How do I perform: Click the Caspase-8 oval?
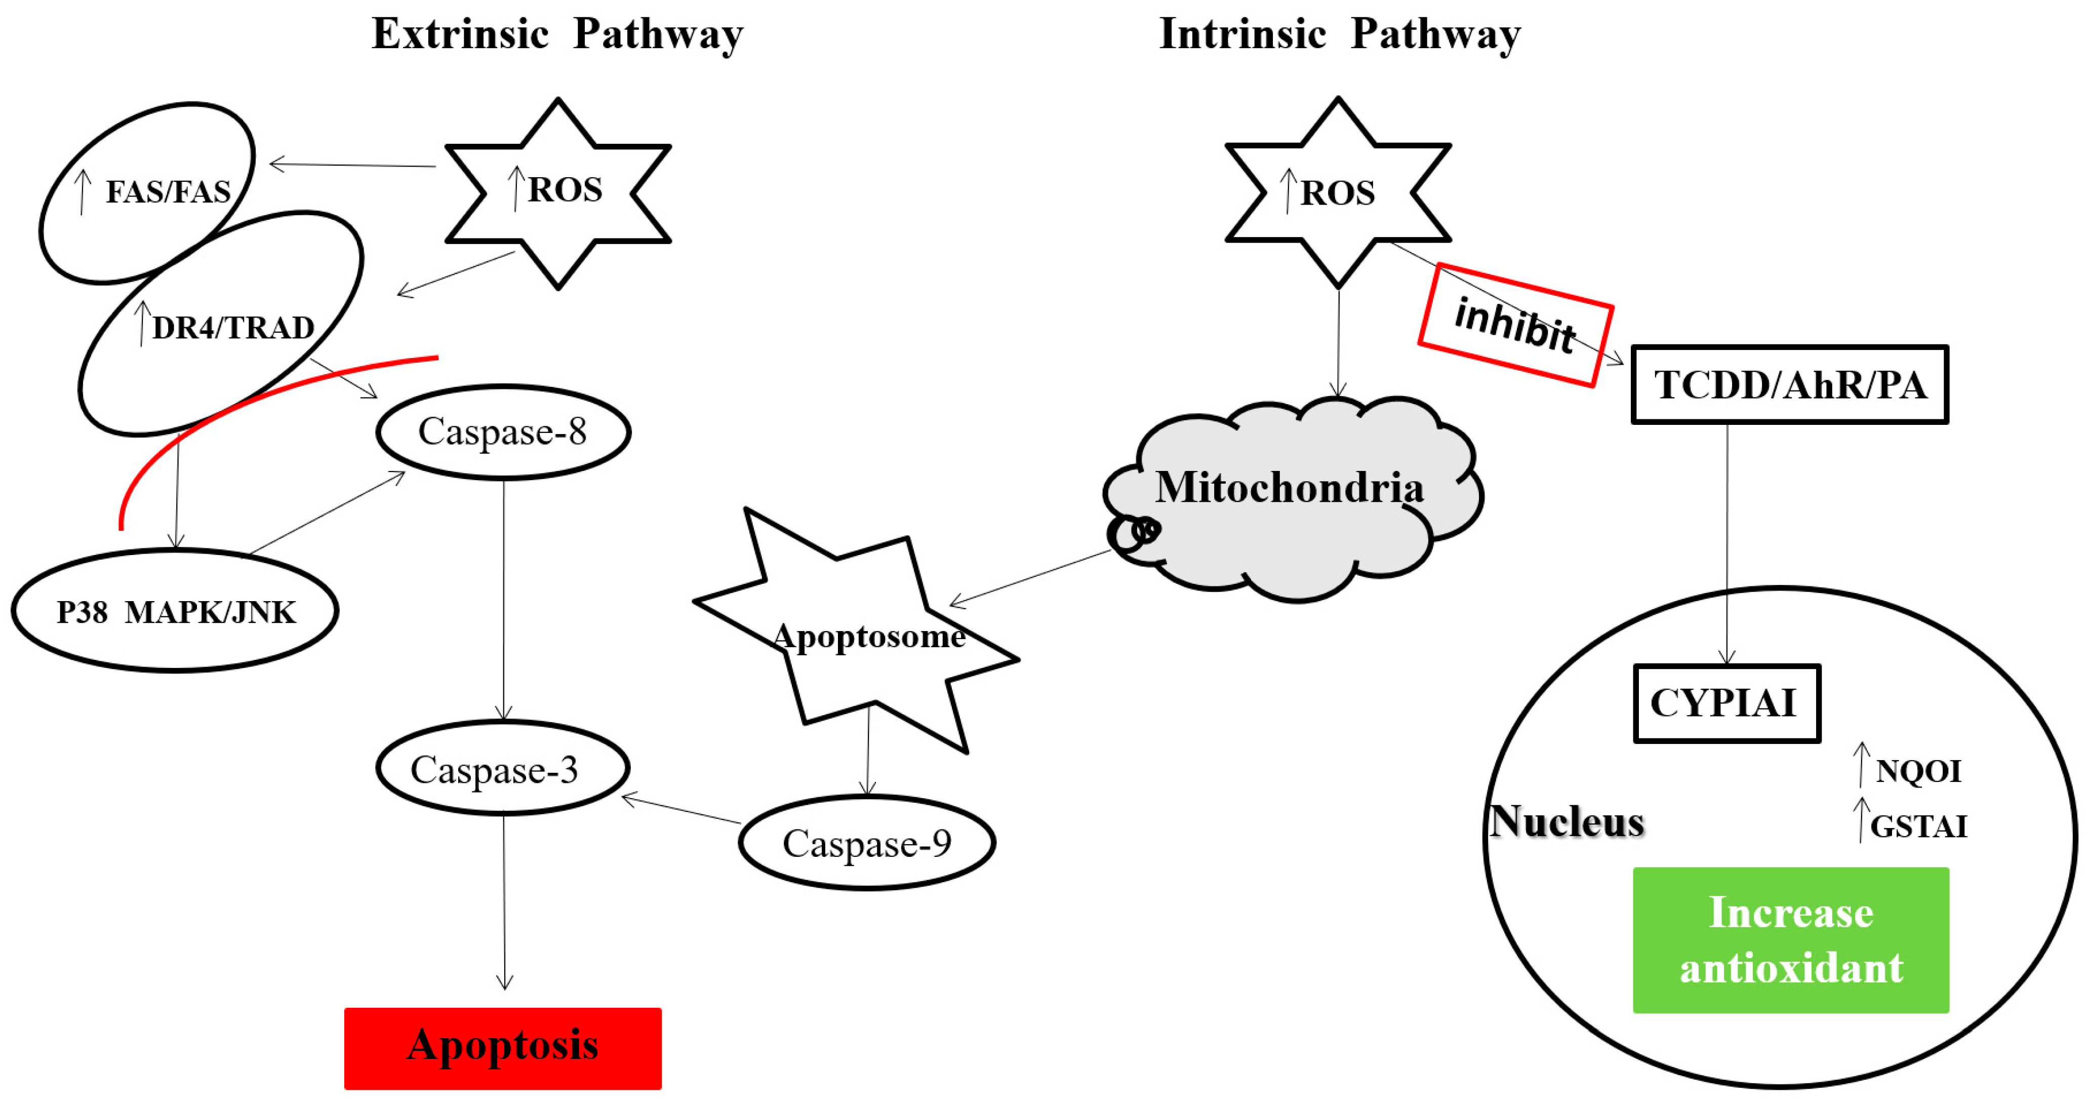click(503, 432)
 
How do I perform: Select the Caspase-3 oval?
click(503, 769)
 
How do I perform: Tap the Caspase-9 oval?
click(866, 843)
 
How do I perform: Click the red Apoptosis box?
click(503, 1047)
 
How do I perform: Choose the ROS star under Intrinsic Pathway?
click(1338, 193)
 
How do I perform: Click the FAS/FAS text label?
click(168, 192)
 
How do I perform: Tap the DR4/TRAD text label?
click(232, 328)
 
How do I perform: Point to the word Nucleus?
click(1567, 821)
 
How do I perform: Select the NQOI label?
click(1918, 771)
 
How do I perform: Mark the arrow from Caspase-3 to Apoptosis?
click(504, 900)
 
